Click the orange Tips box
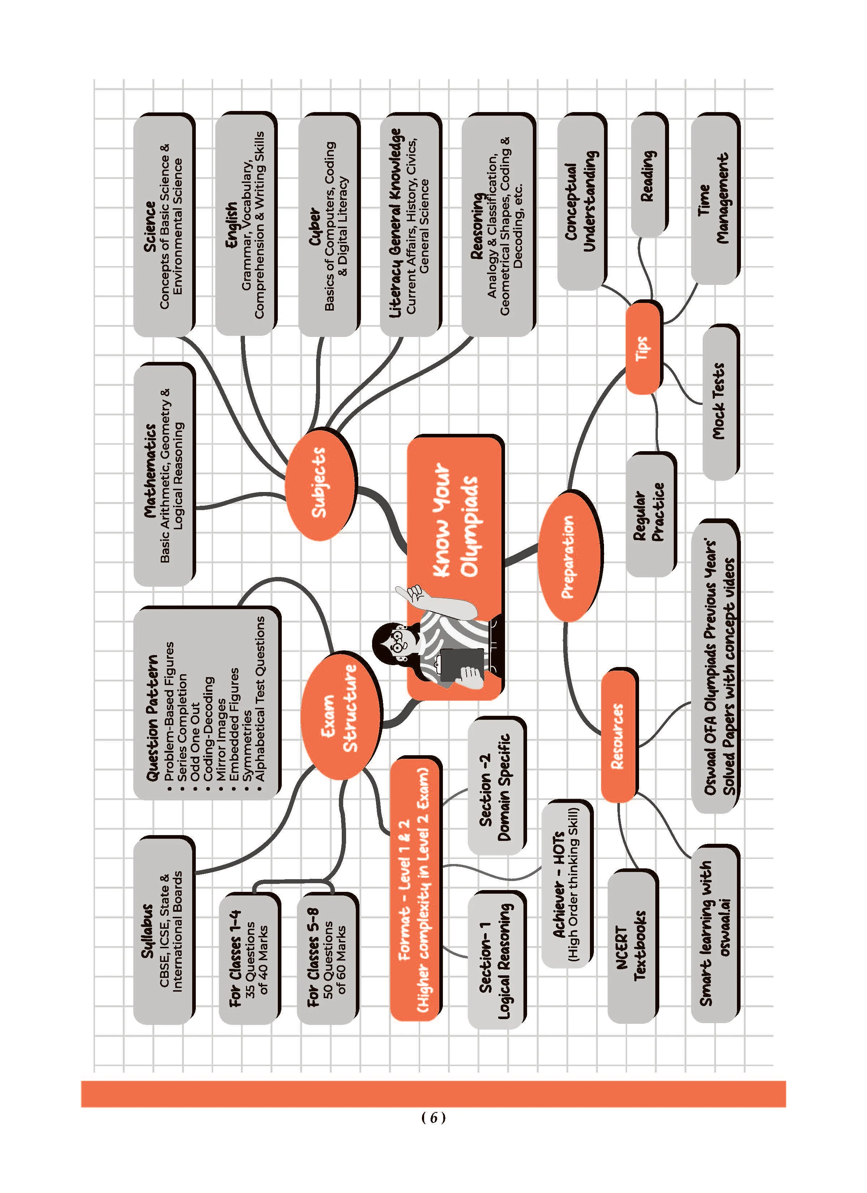[643, 348]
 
